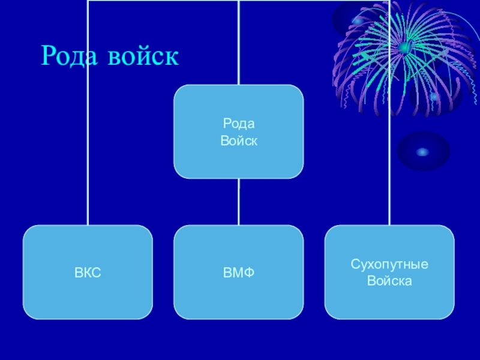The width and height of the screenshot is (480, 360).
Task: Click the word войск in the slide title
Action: [x=143, y=56]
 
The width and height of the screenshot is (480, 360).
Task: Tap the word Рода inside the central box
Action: [x=239, y=124]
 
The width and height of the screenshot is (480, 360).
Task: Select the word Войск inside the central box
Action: [x=239, y=140]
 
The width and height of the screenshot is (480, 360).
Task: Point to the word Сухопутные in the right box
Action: [x=389, y=265]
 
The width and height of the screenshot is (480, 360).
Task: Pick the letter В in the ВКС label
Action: [x=78, y=273]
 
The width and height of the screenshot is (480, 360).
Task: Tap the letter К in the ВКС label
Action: [x=87, y=273]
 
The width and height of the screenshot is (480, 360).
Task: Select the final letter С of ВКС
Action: [x=97, y=273]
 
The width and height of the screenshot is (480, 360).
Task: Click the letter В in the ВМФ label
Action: [x=227, y=273]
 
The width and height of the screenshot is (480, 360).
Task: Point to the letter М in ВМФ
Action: [x=238, y=273]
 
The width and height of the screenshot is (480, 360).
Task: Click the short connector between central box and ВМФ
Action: [x=239, y=202]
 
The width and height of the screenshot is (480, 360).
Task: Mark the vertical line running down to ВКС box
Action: [x=88, y=150]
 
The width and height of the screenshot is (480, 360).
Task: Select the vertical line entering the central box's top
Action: [x=239, y=42]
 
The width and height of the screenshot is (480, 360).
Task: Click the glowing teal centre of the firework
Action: [x=404, y=47]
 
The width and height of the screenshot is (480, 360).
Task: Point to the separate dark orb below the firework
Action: [x=423, y=152]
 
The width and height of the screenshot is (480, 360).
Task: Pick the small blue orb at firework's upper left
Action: [x=358, y=22]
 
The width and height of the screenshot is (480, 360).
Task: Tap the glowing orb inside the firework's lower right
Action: [x=434, y=96]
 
